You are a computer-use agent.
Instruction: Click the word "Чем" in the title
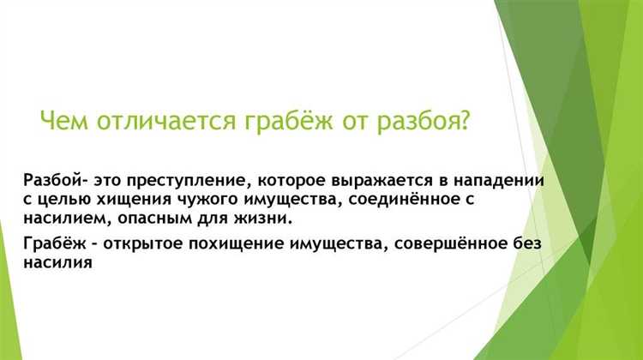(x=62, y=118)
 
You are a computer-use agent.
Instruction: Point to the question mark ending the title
(x=464, y=118)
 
